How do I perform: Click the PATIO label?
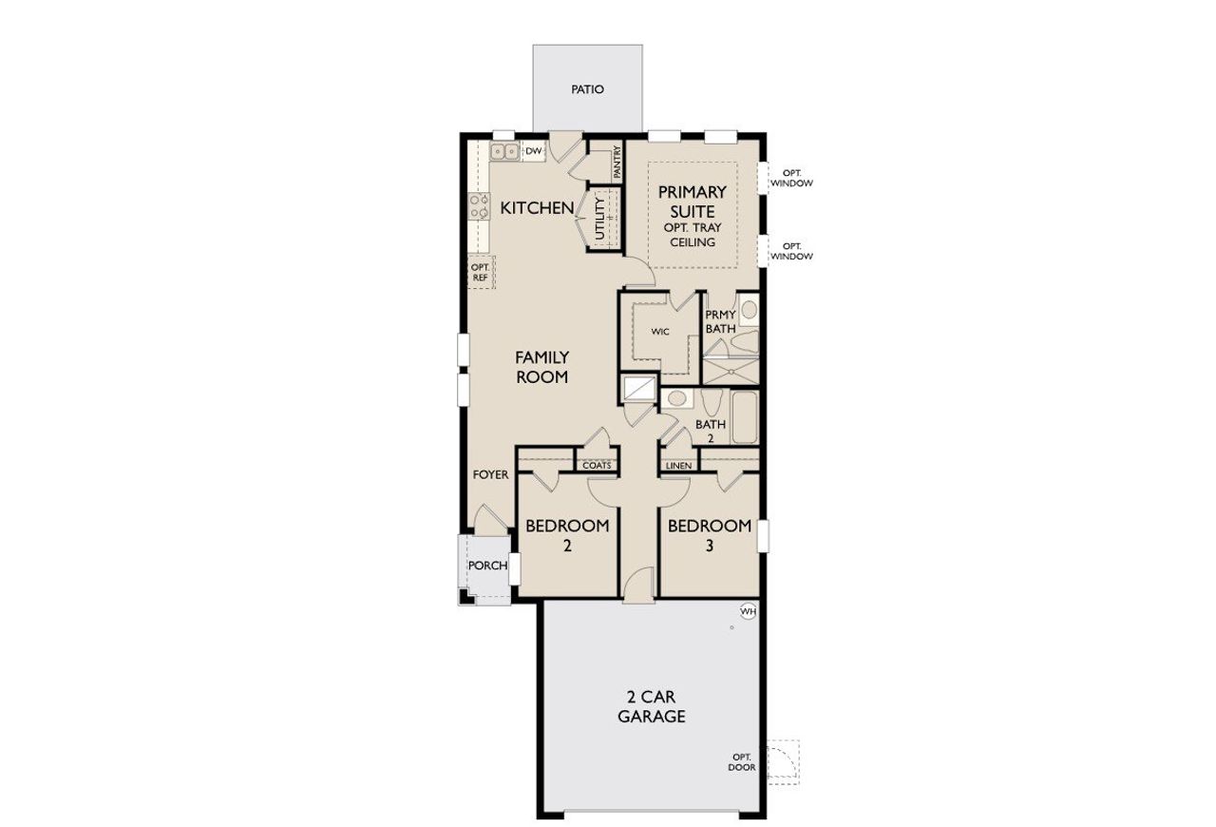pyautogui.click(x=587, y=89)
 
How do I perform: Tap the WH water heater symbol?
pyautogui.click(x=748, y=611)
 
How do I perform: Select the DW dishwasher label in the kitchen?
pyautogui.click(x=534, y=151)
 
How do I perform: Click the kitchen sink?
pyautogui.click(x=504, y=151)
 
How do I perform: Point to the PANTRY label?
pyautogui.click(x=617, y=162)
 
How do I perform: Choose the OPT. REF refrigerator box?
pyautogui.click(x=480, y=273)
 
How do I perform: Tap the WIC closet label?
pyautogui.click(x=660, y=332)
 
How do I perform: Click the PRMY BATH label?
pyautogui.click(x=720, y=322)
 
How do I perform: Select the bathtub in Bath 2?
pyautogui.click(x=743, y=417)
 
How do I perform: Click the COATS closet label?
pyautogui.click(x=597, y=466)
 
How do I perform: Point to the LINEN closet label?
pyautogui.click(x=678, y=466)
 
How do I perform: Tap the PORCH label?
pyautogui.click(x=487, y=566)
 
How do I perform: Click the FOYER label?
pyautogui.click(x=490, y=474)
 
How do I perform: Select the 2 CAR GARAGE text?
pyautogui.click(x=652, y=707)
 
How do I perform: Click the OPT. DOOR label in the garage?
pyautogui.click(x=742, y=762)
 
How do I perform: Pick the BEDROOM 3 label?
pyautogui.click(x=710, y=535)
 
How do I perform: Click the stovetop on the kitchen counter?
pyautogui.click(x=478, y=207)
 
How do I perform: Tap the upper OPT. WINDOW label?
pyautogui.click(x=791, y=178)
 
